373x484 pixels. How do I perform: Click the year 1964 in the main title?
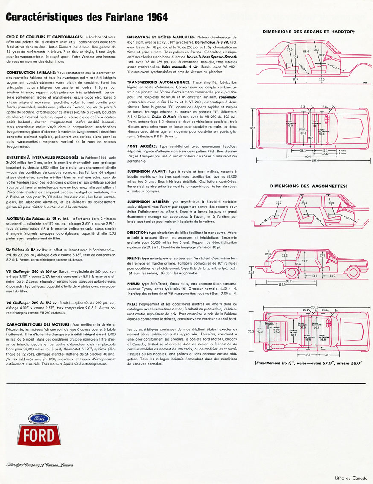(x=153, y=17)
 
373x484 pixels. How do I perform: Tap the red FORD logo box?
(x=38, y=434)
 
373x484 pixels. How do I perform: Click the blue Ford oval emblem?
(x=38, y=419)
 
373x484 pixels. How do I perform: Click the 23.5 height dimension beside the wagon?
(x=251, y=272)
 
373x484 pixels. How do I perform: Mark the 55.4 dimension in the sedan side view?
(x=306, y=52)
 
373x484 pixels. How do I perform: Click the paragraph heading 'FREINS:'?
(x=137, y=259)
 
